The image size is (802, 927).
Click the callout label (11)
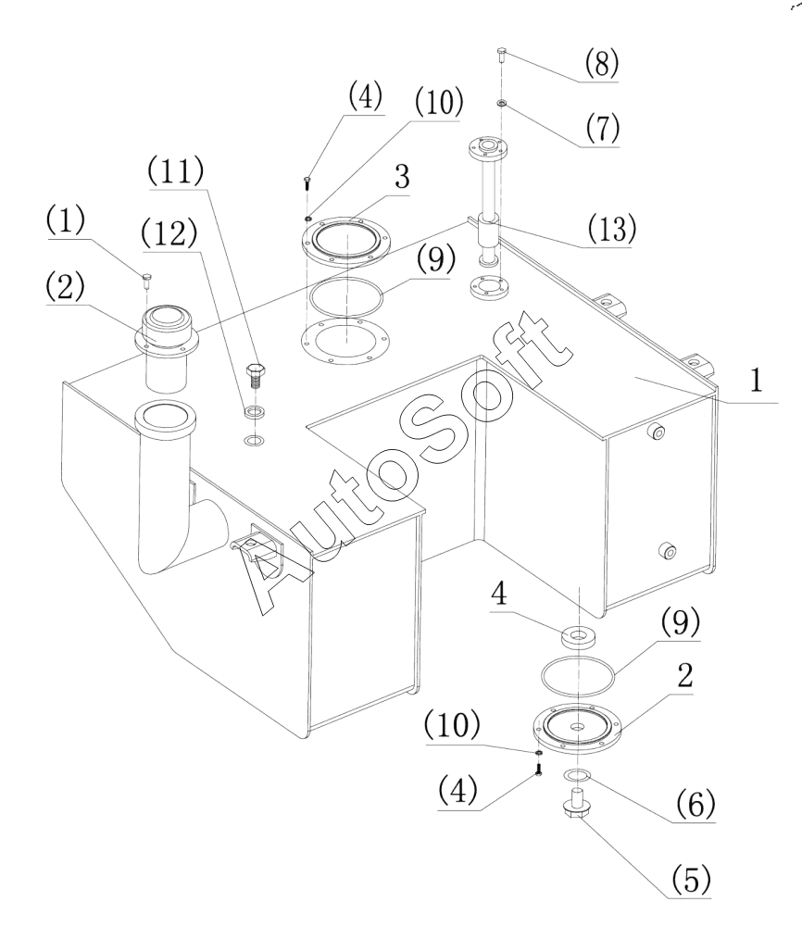176,172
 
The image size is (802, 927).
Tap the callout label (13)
612,228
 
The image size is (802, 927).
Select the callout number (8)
602,63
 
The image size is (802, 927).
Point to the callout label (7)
603,128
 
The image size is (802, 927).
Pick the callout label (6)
695,804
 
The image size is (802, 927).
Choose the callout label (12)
169,233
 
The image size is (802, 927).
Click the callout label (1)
65,219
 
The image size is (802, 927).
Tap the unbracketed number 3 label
403,176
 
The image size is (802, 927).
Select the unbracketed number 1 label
757,380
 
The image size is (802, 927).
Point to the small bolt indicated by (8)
502,56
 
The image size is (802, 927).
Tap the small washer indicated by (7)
502,104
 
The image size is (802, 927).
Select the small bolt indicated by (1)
146,280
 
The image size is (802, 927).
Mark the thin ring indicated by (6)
577,774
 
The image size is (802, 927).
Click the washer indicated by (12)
254,411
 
